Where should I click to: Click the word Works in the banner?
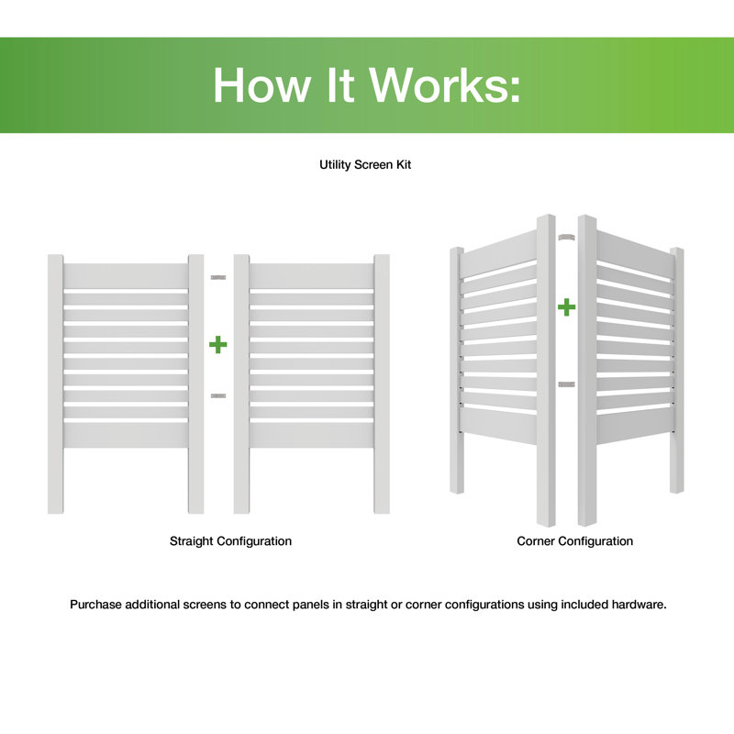[439, 85]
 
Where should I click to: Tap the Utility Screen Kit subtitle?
[366, 165]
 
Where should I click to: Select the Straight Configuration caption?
[230, 541]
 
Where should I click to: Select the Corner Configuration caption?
[574, 541]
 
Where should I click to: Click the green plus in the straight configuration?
[217, 345]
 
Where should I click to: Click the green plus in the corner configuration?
[567, 306]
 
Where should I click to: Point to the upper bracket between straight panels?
[217, 276]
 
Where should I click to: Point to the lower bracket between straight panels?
[217, 395]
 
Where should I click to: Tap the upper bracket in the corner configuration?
[564, 237]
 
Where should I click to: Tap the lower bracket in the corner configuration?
[566, 384]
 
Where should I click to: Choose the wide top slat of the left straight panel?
[126, 275]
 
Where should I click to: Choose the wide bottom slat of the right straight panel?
[311, 434]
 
